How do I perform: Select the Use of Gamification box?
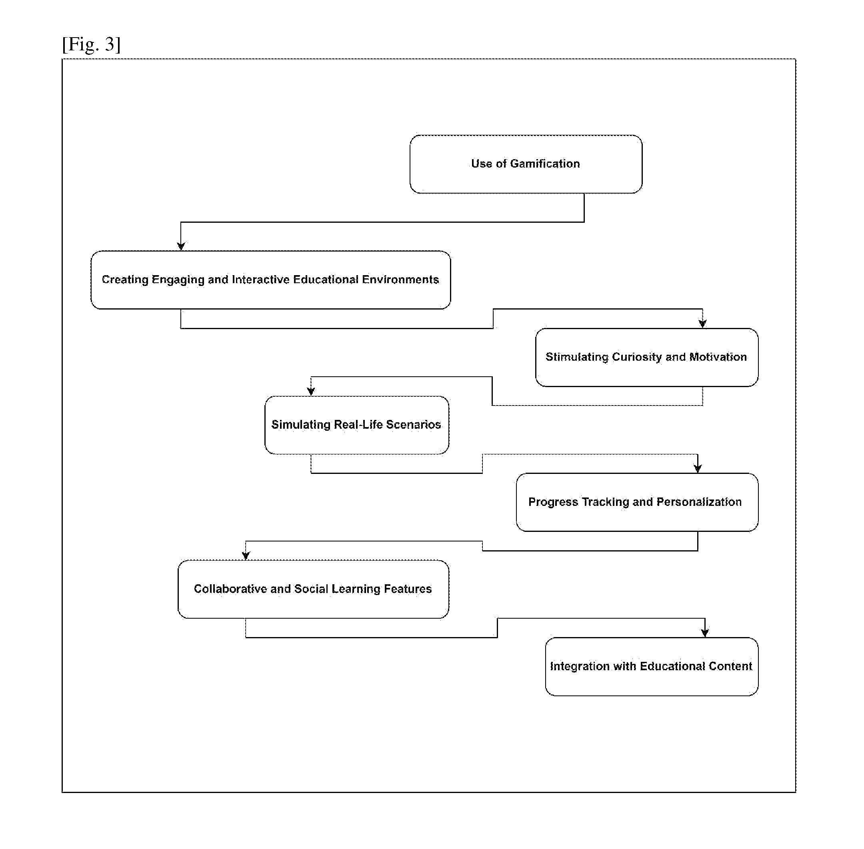click(526, 164)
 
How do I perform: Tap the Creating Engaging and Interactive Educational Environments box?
click(271, 280)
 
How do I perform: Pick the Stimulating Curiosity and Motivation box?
click(647, 357)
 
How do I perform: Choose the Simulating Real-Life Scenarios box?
click(357, 425)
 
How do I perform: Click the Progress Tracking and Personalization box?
click(637, 502)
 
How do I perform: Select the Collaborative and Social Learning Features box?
click(313, 589)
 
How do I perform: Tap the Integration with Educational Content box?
click(652, 666)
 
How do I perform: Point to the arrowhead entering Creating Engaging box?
click(181, 246)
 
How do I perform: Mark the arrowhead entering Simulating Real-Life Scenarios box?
click(311, 392)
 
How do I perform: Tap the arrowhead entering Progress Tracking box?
click(698, 469)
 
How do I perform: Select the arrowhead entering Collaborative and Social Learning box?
click(246, 555)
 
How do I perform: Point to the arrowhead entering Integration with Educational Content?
click(705, 633)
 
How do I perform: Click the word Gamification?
click(545, 164)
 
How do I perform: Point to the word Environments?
click(400, 279)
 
